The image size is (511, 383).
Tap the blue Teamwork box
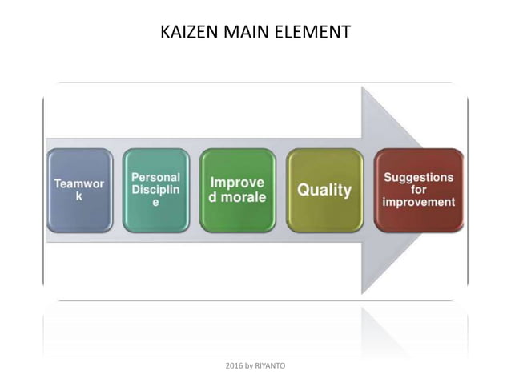[x=78, y=191]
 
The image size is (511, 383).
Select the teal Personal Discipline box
[x=156, y=191]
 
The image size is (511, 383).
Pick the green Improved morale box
[x=237, y=191]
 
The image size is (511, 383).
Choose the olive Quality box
[x=324, y=191]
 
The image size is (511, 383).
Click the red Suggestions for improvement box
[x=418, y=191]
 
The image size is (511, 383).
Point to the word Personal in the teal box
[x=156, y=177]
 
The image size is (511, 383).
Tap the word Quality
[x=324, y=191]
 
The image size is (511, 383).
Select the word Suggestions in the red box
[x=418, y=177]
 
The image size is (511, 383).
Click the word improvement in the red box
[x=418, y=203]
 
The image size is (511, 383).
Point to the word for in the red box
[x=418, y=190]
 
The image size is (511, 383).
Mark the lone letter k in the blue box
[x=78, y=197]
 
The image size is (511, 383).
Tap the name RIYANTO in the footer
[x=269, y=365]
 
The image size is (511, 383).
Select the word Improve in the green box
[x=237, y=183]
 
